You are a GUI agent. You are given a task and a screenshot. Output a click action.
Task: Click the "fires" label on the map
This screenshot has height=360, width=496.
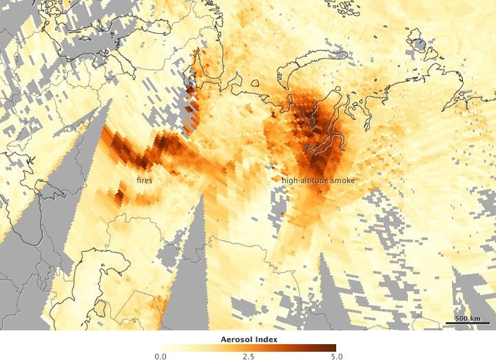point(144,180)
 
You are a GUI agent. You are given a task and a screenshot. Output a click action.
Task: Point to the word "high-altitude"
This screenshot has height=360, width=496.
point(304,180)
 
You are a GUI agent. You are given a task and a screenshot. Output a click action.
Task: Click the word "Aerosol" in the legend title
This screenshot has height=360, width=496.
point(235,339)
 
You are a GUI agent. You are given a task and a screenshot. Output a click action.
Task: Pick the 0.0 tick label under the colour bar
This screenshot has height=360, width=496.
point(161,356)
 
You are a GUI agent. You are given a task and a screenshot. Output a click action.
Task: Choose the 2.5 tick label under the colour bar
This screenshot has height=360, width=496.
point(248,356)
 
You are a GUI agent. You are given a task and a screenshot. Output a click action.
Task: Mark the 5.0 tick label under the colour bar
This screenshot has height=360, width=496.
point(335,356)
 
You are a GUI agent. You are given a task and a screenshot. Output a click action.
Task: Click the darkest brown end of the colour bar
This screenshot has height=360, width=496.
point(333,348)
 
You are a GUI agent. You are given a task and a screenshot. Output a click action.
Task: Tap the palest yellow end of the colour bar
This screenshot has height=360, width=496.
point(163,348)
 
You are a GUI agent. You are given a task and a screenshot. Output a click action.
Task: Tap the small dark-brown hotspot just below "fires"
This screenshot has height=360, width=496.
point(117,198)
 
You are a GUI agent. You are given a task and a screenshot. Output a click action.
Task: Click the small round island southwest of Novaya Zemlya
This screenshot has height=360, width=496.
point(255,85)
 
